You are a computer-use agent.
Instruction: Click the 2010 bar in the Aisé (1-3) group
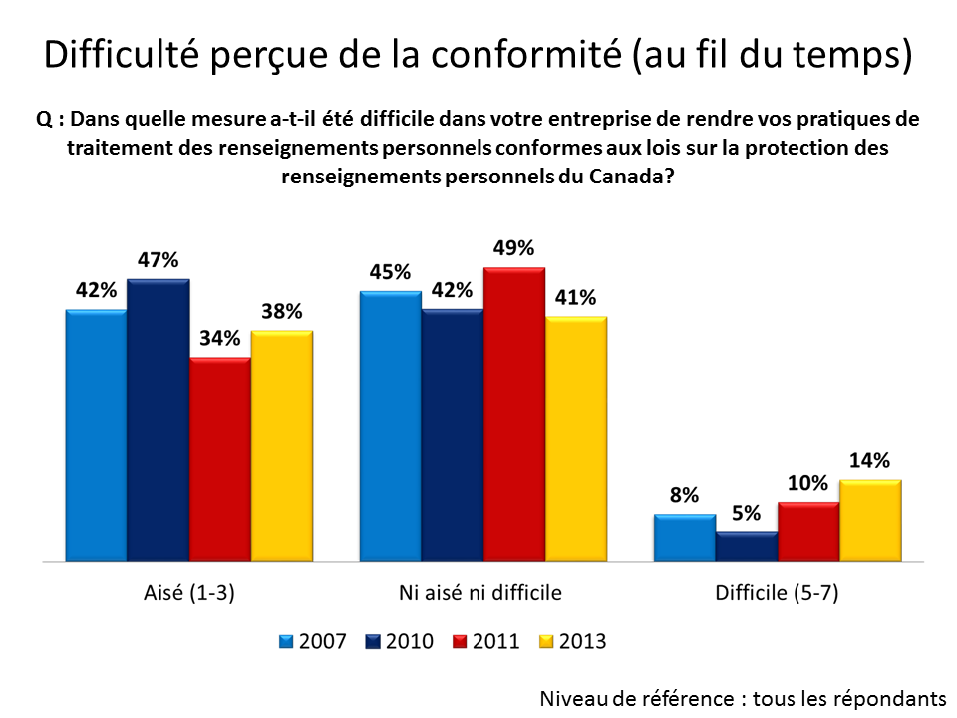click(158, 421)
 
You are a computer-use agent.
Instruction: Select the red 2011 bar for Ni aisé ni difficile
click(513, 415)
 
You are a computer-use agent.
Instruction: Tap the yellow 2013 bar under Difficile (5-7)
click(870, 521)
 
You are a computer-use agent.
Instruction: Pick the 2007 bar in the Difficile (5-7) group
click(684, 538)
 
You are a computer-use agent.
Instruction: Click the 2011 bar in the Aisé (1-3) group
click(219, 460)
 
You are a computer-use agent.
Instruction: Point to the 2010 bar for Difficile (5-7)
click(746, 547)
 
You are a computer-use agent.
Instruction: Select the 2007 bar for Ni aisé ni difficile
click(390, 427)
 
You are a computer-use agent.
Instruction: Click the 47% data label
click(158, 261)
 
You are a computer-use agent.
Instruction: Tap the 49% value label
click(513, 248)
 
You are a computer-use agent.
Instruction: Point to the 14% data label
click(870, 460)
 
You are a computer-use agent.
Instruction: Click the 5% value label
click(746, 514)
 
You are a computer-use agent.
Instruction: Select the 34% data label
click(219, 339)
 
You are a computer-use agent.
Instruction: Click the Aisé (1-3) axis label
click(188, 593)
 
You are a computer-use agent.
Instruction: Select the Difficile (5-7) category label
click(777, 593)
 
